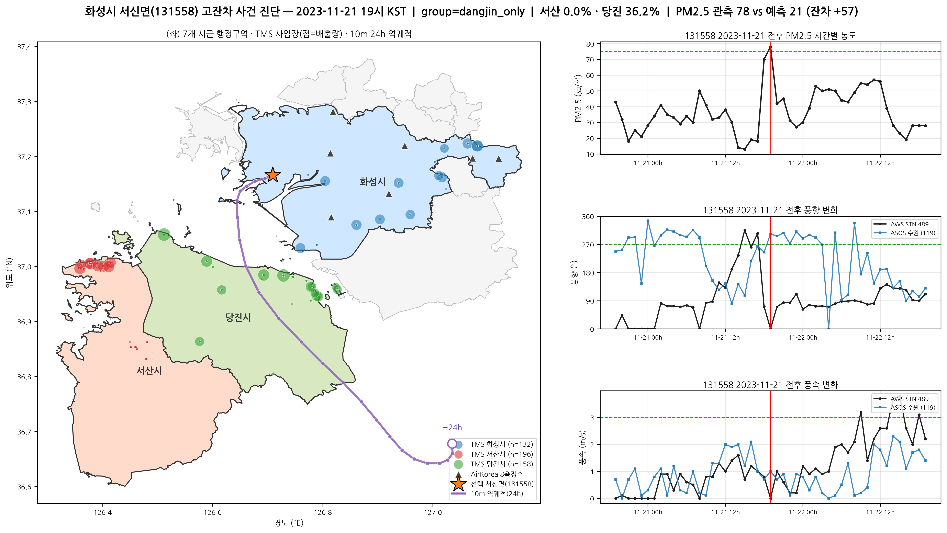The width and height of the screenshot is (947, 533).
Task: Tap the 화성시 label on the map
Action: pos(372,182)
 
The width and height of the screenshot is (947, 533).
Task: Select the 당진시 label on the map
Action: pos(238,317)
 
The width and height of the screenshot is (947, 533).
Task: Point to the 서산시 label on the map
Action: pos(149,371)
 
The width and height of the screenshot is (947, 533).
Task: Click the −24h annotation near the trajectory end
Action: pos(452,428)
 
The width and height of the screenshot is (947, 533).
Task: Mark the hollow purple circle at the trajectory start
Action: pos(452,444)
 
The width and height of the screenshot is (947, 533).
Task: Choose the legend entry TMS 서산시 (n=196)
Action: pos(501,454)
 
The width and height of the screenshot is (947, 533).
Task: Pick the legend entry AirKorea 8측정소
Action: pos(497,474)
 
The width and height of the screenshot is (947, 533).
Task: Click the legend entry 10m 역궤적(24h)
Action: pos(497,494)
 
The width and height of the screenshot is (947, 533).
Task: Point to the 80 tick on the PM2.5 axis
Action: pos(590,44)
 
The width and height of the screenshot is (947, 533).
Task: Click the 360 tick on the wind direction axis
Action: pos(588,217)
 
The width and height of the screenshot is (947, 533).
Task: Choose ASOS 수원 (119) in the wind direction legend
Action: pos(912,233)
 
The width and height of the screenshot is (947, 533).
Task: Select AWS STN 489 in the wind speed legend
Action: pos(909,399)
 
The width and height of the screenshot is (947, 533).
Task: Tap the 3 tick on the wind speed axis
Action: pos(592,418)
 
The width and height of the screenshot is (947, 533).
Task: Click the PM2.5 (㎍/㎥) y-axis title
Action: pos(578,98)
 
